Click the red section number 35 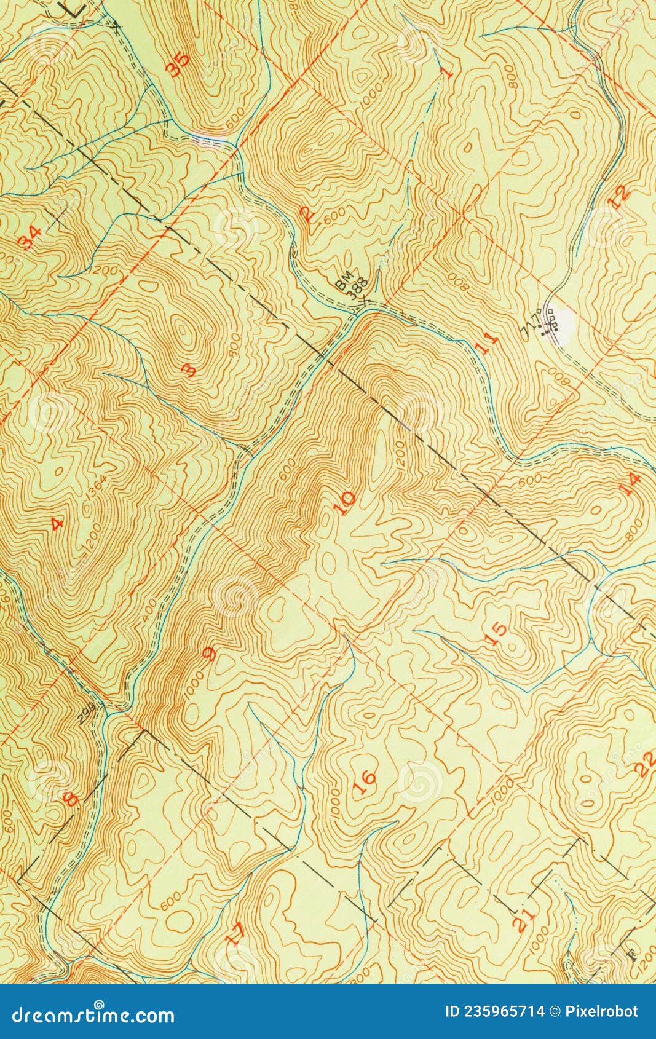tap(178, 65)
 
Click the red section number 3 tap(189, 369)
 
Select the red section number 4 tap(57, 524)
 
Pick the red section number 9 tap(210, 654)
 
